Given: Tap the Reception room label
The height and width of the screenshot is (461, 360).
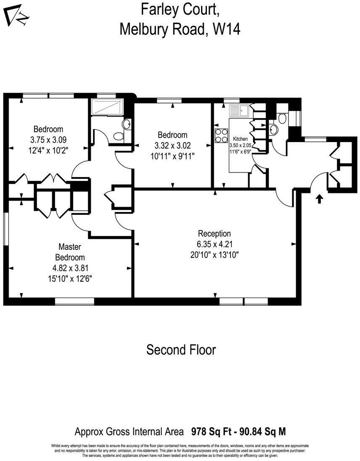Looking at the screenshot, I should click(214, 233).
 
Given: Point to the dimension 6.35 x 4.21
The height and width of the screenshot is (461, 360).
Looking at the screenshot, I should click(214, 244).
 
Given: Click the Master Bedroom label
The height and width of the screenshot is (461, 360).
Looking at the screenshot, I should click(70, 252).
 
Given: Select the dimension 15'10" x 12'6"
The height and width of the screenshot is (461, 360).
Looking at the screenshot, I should click(70, 278).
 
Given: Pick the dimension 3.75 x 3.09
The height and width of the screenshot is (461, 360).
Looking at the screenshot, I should click(48, 140).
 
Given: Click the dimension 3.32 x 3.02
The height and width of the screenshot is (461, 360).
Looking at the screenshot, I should click(172, 146).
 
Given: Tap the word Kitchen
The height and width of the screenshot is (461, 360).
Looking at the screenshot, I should click(240, 139).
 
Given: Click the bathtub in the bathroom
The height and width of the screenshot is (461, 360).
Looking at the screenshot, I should click(107, 107).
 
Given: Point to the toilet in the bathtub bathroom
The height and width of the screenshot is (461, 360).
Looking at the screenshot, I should click(119, 136).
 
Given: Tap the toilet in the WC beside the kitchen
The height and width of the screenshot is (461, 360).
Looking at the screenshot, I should click(282, 118).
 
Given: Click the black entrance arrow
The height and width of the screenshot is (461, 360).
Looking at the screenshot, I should click(319, 199).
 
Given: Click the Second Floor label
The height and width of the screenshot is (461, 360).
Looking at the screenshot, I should click(181, 350).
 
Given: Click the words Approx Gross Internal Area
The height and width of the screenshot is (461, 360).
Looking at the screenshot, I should click(129, 432).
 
